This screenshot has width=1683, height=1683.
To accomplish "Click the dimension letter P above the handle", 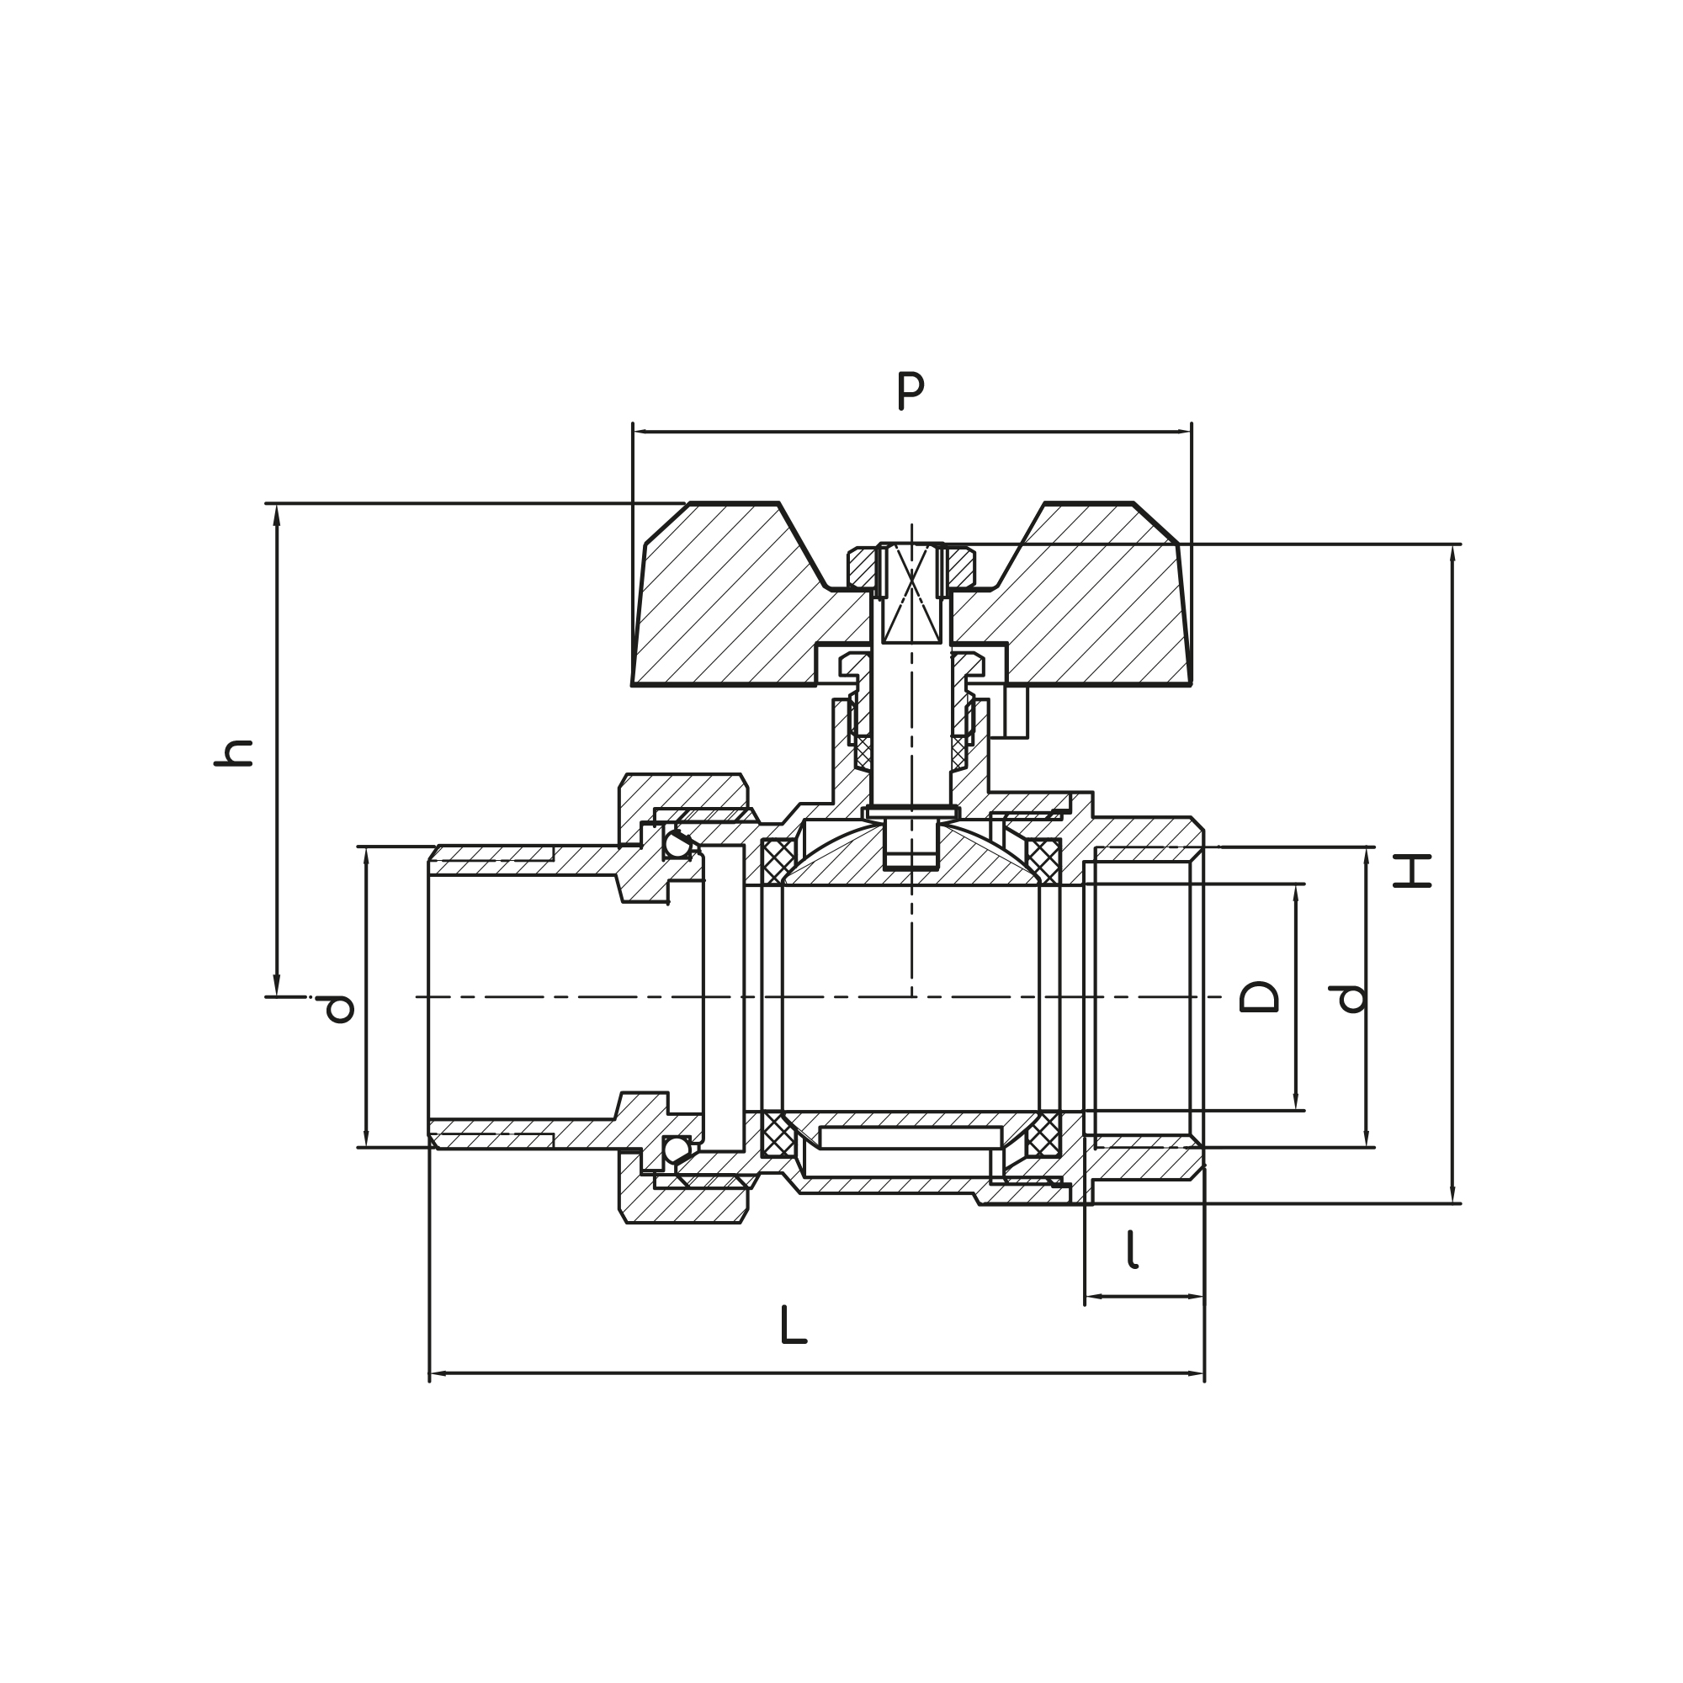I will [x=911, y=391].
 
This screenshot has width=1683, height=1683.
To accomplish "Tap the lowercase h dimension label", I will [x=233, y=752].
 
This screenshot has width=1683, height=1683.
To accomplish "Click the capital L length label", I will [x=793, y=1325].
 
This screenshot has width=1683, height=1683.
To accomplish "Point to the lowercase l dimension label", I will [x=1132, y=1249].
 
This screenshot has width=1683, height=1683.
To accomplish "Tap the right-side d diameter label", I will [x=1350, y=998].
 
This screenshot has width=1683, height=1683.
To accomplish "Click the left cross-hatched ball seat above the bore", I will [x=778, y=862].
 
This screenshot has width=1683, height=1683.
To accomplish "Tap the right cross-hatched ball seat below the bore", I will [x=1043, y=1134].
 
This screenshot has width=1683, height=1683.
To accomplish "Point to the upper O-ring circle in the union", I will [x=677, y=844].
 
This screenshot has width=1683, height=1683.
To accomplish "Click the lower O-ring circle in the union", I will [x=677, y=1149].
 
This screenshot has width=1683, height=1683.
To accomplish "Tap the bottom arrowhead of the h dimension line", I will [x=277, y=987].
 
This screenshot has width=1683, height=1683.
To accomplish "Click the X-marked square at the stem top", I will [x=911, y=594].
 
